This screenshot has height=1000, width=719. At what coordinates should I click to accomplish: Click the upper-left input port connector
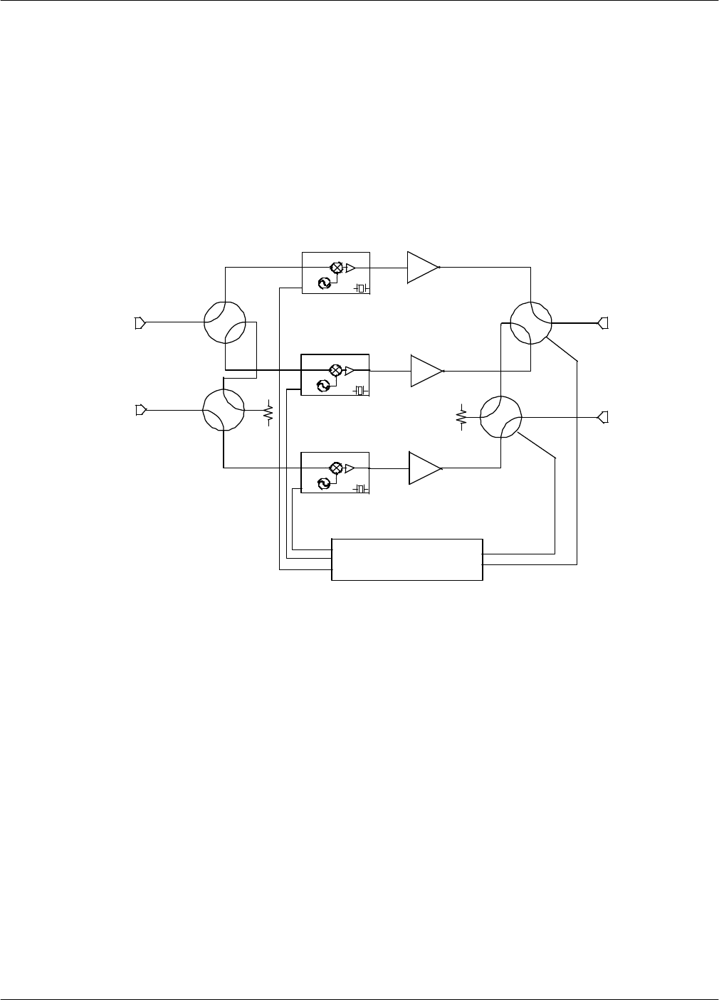pos(140,323)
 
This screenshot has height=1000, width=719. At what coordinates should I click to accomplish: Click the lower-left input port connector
pos(140,410)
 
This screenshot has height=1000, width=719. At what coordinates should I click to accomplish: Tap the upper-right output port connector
pos(603,323)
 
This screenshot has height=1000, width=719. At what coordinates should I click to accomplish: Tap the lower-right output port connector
pos(603,416)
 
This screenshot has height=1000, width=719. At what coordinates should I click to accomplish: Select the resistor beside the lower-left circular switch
pos(268,411)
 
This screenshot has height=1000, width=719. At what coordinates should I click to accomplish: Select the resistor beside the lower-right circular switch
pos(461,417)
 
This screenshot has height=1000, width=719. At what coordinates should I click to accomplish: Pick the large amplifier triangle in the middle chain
pos(426,371)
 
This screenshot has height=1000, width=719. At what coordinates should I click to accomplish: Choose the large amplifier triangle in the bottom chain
pos(424,468)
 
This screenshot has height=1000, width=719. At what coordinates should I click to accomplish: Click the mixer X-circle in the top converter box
pos(336,268)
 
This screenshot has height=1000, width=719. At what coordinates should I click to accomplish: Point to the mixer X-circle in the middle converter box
pos(335,370)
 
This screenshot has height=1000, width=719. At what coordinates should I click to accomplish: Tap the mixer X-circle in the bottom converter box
pos(335,468)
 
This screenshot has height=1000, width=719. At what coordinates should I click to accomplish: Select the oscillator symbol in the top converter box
pos(322,283)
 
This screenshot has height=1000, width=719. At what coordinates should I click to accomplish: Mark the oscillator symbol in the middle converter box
pos(322,385)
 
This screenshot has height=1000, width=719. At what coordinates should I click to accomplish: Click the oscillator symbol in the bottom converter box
pos(322,483)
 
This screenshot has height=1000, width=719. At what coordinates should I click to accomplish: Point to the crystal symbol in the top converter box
pos(361,288)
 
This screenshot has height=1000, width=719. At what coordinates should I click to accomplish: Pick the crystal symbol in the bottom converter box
pos(361,488)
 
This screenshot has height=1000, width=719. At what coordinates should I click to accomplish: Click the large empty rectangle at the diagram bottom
pos(407,559)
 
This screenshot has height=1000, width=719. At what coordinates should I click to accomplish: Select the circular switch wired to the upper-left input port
pos(225,322)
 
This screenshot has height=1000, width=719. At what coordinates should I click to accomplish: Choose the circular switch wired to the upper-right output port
pos(532,322)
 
